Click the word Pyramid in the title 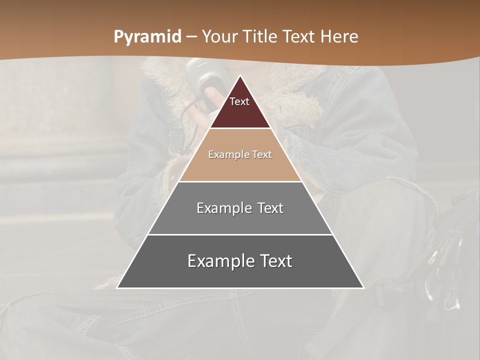147,37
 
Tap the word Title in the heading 261,37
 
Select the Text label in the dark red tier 239,101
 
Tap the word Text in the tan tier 262,154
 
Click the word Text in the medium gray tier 270,208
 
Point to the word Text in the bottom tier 274,261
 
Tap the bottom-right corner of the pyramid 363,287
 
